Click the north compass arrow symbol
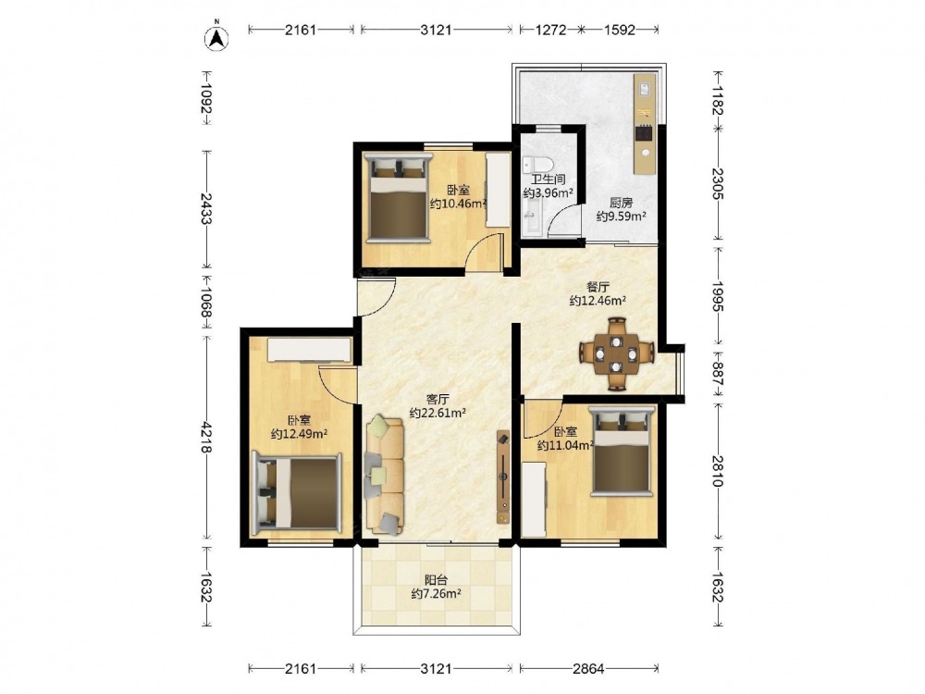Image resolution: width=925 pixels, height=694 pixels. pyautogui.click(x=217, y=37)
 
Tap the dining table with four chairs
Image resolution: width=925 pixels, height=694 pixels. pyautogui.click(x=616, y=354)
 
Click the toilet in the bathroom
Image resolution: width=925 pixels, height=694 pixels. pyautogui.click(x=537, y=164)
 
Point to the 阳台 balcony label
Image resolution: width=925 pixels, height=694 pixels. pyautogui.click(x=436, y=580)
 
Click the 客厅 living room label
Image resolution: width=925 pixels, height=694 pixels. pyautogui.click(x=438, y=400)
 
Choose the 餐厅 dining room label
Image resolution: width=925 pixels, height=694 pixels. pyautogui.click(x=598, y=288)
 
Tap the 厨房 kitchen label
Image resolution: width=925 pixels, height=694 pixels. pyautogui.click(x=622, y=203)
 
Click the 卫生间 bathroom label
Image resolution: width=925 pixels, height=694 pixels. pyautogui.click(x=548, y=180)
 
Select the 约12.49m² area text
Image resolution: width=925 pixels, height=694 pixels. pyautogui.click(x=299, y=434)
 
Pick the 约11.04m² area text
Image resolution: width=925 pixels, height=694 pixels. pyautogui.click(x=565, y=446)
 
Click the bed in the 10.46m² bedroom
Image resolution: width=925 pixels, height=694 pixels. pyautogui.click(x=399, y=198)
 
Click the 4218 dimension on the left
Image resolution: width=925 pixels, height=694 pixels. pyautogui.click(x=206, y=437)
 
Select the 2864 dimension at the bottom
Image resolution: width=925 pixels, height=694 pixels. pyautogui.click(x=588, y=669)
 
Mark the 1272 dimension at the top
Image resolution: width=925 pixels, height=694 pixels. pyautogui.click(x=551, y=30)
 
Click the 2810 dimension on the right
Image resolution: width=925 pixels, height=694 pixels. pyautogui.click(x=718, y=470)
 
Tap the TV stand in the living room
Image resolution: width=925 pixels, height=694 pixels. pyautogui.click(x=503, y=477)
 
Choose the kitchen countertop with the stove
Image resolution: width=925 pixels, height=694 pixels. pyautogui.click(x=644, y=124)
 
